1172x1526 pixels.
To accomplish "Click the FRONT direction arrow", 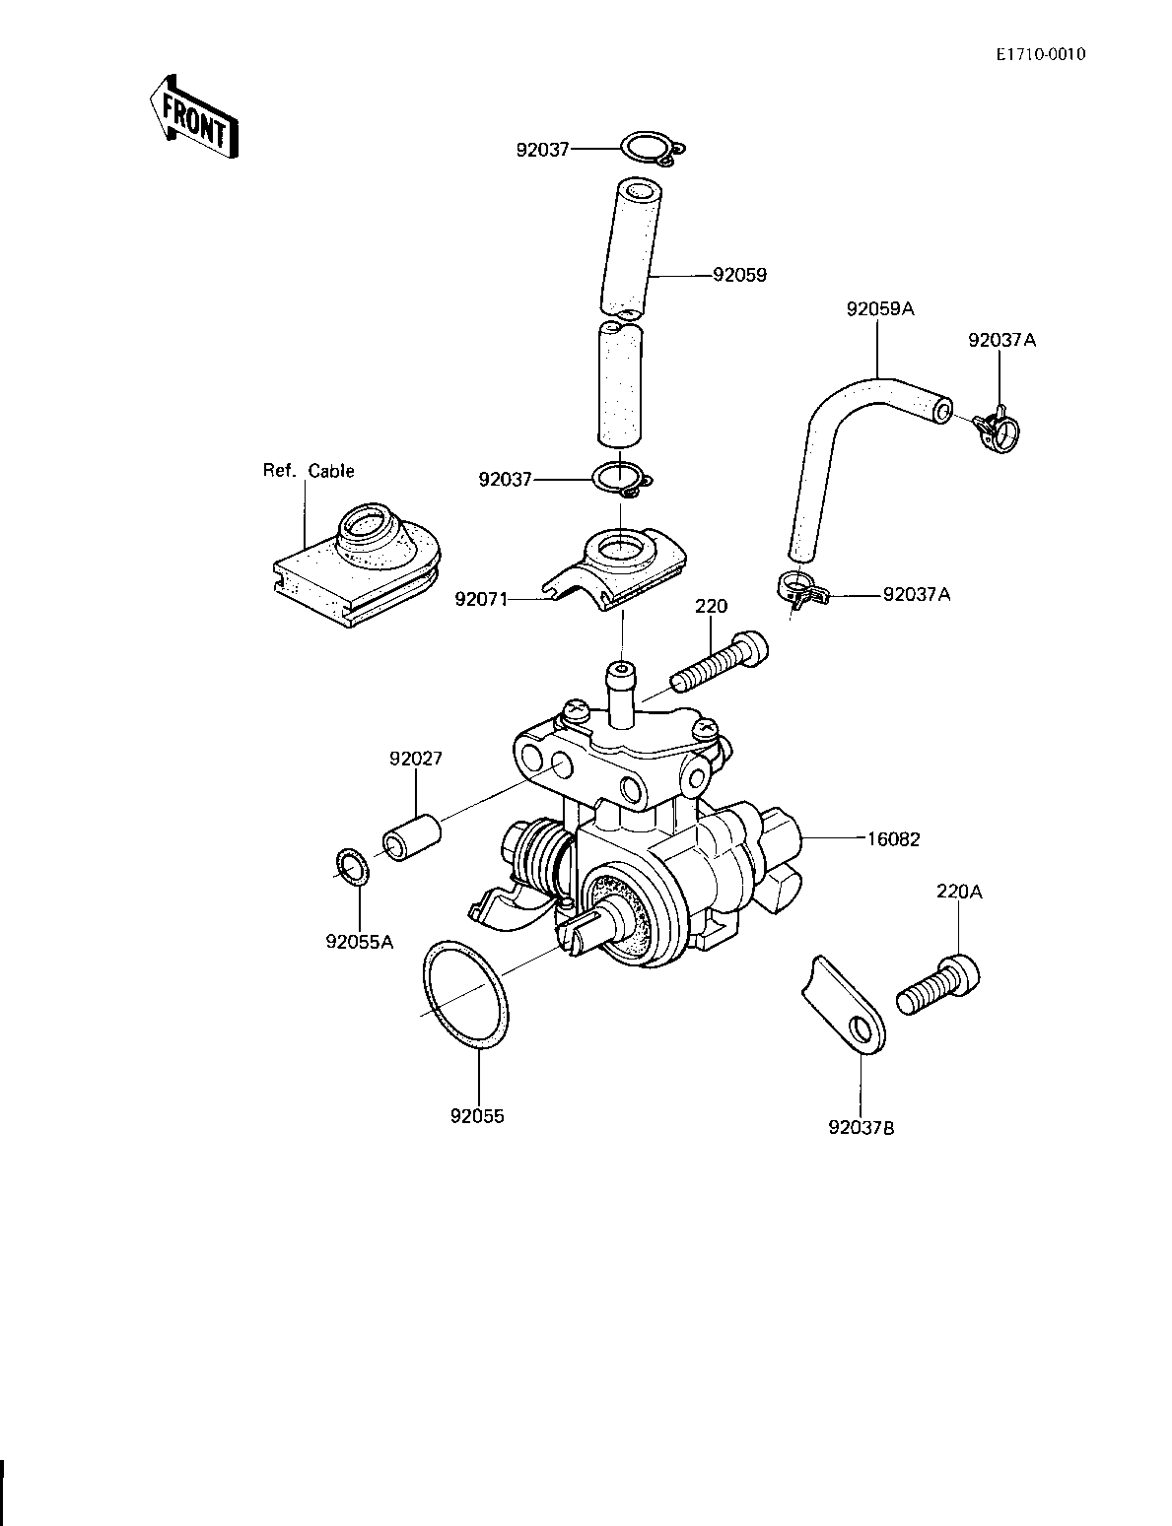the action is [194, 116].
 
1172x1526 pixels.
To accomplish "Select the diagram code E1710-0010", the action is [1040, 55].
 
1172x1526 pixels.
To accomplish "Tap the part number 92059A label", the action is [879, 309].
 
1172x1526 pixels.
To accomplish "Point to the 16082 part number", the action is [893, 839].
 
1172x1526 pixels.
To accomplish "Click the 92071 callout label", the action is [481, 599].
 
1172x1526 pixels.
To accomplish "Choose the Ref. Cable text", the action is [309, 471].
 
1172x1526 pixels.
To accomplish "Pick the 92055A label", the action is [359, 942].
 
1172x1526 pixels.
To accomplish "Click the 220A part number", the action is [959, 892].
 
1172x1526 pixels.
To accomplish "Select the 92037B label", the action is [862, 1128].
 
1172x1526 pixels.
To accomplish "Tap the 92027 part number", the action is [416, 759].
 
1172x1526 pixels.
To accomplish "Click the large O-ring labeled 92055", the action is [465, 997].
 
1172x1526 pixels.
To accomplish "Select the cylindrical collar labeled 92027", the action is [412, 837].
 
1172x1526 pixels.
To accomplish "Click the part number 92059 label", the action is [739, 275].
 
